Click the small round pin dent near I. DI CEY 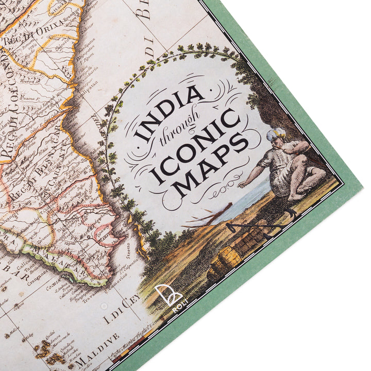click(x=105, y=306)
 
